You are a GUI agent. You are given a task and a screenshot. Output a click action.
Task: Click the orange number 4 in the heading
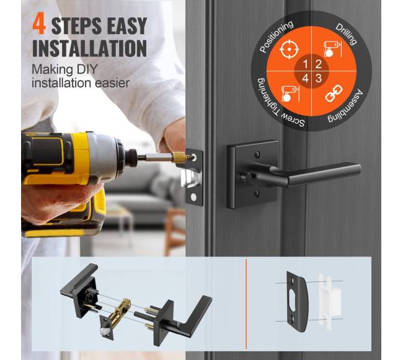[39, 25]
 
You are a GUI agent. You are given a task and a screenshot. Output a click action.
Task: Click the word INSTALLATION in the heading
[89, 48]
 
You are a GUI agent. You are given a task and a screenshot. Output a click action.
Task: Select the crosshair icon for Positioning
[290, 49]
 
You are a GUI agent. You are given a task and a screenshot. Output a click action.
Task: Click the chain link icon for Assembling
[334, 94]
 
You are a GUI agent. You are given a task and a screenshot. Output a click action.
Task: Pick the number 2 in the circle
[319, 64]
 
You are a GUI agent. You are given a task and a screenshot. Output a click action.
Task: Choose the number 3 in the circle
[319, 78]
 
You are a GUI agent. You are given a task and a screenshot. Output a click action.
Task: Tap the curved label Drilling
[347, 34]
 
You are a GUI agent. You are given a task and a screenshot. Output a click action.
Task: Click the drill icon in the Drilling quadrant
[332, 49]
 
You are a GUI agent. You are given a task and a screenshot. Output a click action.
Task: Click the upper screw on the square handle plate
[257, 154]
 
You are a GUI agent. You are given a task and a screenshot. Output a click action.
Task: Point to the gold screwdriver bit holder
[179, 156]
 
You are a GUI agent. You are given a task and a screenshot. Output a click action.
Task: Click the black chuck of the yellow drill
[131, 157]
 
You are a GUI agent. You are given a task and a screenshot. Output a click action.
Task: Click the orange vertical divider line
[246, 304]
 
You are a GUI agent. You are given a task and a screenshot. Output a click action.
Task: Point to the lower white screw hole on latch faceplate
[193, 198]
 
